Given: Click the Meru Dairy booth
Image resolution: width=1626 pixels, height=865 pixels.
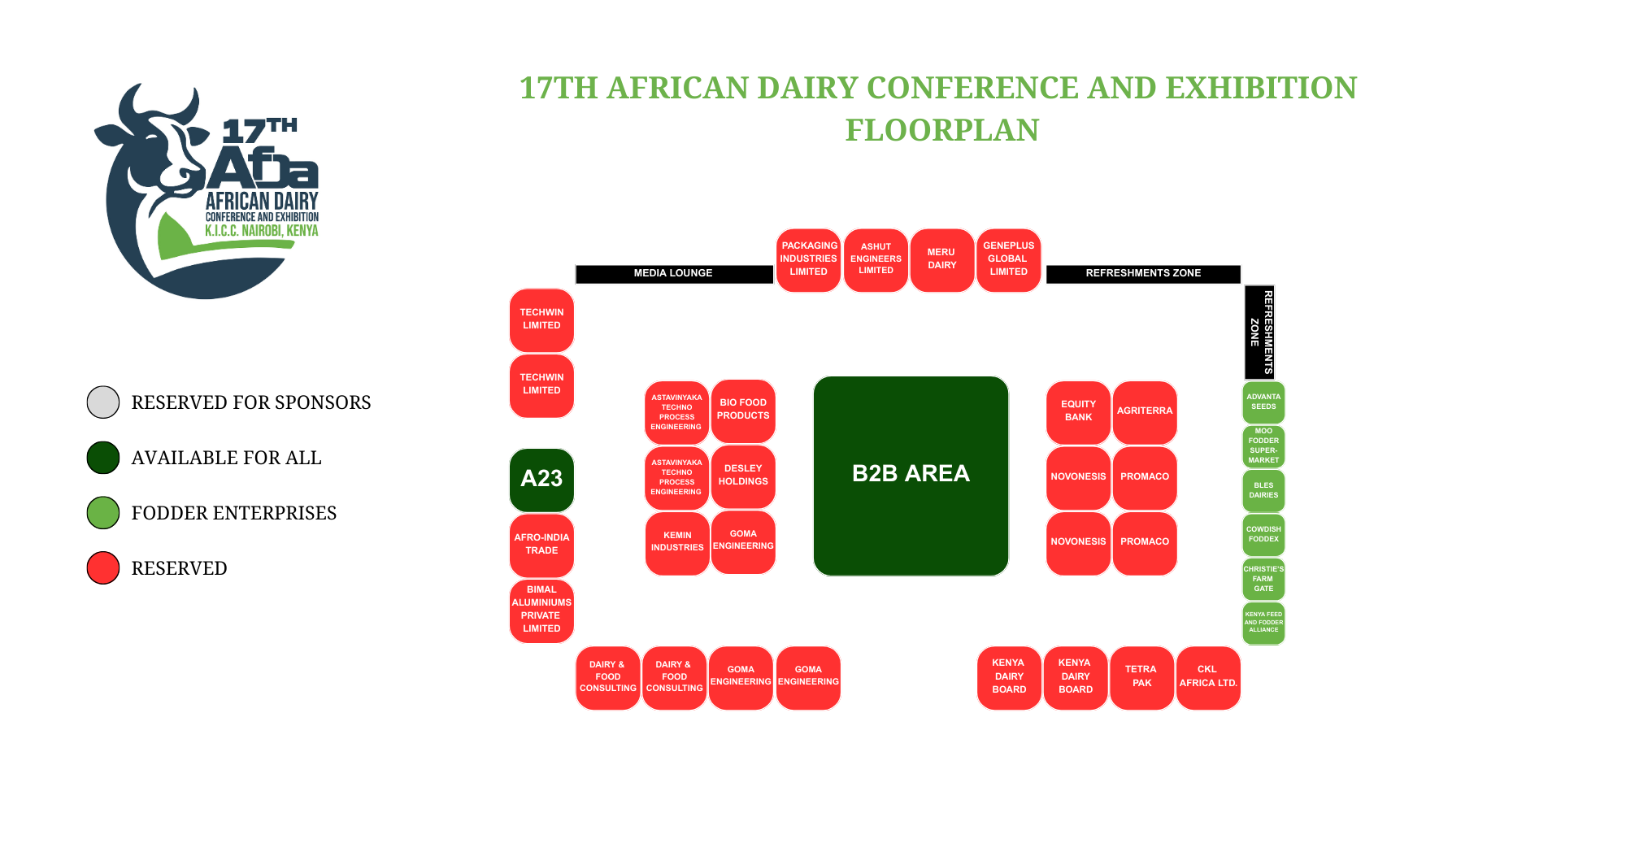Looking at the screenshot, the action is pyautogui.click(x=941, y=260).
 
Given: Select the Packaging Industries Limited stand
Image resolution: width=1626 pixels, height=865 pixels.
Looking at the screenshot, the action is pyautogui.click(x=808, y=260).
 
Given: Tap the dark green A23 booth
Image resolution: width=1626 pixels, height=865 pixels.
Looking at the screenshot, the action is pyautogui.click(x=541, y=480).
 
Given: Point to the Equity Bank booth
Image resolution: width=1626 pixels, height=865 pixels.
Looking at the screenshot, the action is pyautogui.click(x=1078, y=412).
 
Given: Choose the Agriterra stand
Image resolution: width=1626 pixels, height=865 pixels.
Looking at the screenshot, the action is pyautogui.click(x=1145, y=412).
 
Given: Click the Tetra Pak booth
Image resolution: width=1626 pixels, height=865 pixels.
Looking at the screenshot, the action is pyautogui.click(x=1141, y=678).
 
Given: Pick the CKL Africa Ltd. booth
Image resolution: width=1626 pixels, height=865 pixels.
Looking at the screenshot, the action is pyautogui.click(x=1208, y=678).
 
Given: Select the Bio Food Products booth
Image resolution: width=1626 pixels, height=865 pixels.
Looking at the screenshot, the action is pyautogui.click(x=743, y=411).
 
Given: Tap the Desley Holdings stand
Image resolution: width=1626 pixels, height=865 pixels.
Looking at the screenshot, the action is pyautogui.click(x=743, y=476).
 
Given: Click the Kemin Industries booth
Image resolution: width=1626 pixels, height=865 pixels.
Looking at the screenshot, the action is pyautogui.click(x=677, y=543).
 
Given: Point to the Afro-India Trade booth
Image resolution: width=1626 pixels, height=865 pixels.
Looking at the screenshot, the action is pyautogui.click(x=541, y=546).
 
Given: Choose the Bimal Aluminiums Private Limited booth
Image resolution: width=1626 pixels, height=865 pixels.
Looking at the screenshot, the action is pyautogui.click(x=541, y=611).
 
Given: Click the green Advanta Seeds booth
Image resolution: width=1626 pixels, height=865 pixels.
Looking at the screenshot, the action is pyautogui.click(x=1263, y=402).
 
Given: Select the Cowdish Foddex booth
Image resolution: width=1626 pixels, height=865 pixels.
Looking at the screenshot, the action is pyautogui.click(x=1263, y=535).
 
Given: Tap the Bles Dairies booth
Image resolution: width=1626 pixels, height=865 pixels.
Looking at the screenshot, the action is pyautogui.click(x=1263, y=490).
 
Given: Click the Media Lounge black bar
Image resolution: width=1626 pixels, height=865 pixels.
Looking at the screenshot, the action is pyautogui.click(x=674, y=274).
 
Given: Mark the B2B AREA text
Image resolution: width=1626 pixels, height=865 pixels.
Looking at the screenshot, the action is pyautogui.click(x=911, y=473).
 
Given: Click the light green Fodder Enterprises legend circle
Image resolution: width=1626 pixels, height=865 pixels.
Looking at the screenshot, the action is pyautogui.click(x=103, y=513).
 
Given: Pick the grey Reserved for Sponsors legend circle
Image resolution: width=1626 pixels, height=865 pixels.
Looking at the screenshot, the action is pyautogui.click(x=103, y=402).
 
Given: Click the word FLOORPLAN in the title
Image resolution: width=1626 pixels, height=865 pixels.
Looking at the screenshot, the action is pyautogui.click(x=942, y=130).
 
